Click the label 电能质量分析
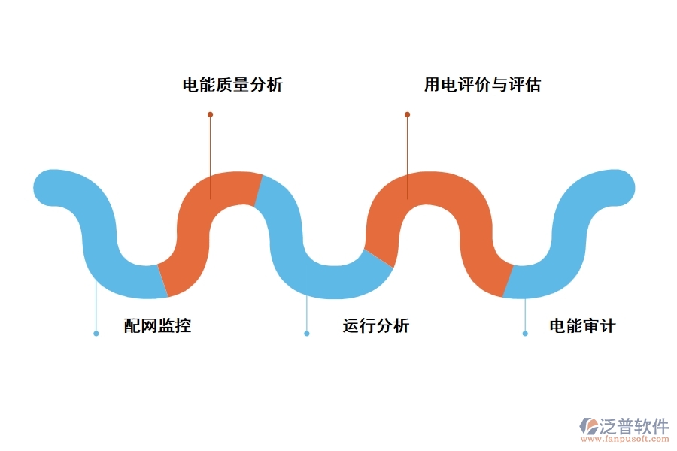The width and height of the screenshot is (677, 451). pos(232,85)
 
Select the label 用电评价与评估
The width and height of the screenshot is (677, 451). pos(482,85)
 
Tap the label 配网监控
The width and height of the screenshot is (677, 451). pos(157,326)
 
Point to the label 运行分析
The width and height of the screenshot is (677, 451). pos(376,326)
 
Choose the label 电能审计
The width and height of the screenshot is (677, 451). pos(582,326)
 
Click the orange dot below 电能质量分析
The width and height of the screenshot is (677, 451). pos(210,114)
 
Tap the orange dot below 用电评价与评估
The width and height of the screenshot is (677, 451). pos(407,114)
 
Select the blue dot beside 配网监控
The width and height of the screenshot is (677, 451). pos(96,333)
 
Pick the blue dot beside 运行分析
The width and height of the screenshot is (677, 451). pos(306,333)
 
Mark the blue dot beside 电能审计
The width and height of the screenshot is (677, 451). pos(525,333)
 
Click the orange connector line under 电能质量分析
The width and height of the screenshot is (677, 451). pos(210,150)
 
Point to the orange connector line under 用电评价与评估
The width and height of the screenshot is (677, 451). pos(407,150)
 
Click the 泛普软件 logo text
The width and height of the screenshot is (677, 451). pos(634,426)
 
